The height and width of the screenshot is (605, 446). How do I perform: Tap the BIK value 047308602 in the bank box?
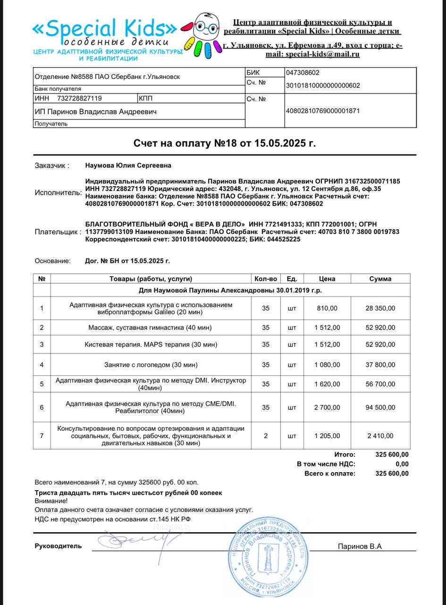[x=303, y=73]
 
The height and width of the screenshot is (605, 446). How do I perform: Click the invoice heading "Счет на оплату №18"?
[x=225, y=143]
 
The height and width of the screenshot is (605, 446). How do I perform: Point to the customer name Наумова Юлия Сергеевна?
[x=128, y=165]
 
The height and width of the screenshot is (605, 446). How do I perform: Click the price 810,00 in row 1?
[x=328, y=308]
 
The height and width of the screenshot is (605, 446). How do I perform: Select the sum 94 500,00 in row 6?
[x=380, y=407]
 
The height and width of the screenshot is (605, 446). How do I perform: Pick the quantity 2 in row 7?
[x=266, y=436]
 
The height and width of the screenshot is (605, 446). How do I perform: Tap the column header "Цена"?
[x=327, y=279]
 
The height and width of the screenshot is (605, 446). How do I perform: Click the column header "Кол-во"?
[x=266, y=279]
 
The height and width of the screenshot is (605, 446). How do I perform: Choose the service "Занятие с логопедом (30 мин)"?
[x=151, y=365]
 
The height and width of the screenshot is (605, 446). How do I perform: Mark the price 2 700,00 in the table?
[x=328, y=407]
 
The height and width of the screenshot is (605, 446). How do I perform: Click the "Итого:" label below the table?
[x=345, y=455]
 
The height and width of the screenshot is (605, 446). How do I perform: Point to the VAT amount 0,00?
[x=402, y=464]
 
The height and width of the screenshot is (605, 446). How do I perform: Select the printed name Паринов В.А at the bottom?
[x=359, y=546]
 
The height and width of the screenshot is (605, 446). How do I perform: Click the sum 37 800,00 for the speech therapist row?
[x=380, y=365]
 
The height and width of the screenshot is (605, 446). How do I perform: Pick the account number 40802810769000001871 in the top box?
[x=323, y=111]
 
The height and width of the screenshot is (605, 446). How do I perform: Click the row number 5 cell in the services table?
[x=42, y=384]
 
